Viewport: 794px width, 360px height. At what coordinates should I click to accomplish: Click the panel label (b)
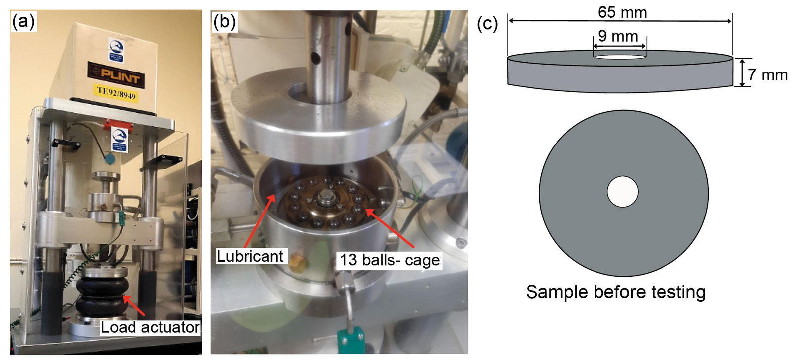click(x=224, y=22)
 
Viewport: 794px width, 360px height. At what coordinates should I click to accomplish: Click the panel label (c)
click(x=487, y=23)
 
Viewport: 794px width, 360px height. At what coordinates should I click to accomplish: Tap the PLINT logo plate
click(x=116, y=75)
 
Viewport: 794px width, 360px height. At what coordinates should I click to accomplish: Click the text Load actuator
click(x=150, y=327)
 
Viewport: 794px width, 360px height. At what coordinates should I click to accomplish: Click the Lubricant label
click(x=250, y=256)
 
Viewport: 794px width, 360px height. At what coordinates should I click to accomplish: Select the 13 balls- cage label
click(x=390, y=260)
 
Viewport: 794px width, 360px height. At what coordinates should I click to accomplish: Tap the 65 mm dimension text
click(x=622, y=12)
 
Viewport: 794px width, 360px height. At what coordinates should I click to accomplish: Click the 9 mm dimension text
click(x=618, y=36)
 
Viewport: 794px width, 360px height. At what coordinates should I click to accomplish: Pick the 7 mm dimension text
click(x=768, y=75)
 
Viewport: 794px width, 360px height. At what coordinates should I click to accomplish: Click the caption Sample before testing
click(x=615, y=292)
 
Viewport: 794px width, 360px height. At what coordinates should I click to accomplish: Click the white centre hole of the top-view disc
click(x=623, y=192)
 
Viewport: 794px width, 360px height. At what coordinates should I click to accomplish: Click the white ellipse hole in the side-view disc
click(x=620, y=57)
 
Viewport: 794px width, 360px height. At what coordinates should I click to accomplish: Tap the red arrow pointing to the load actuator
click(x=134, y=306)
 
